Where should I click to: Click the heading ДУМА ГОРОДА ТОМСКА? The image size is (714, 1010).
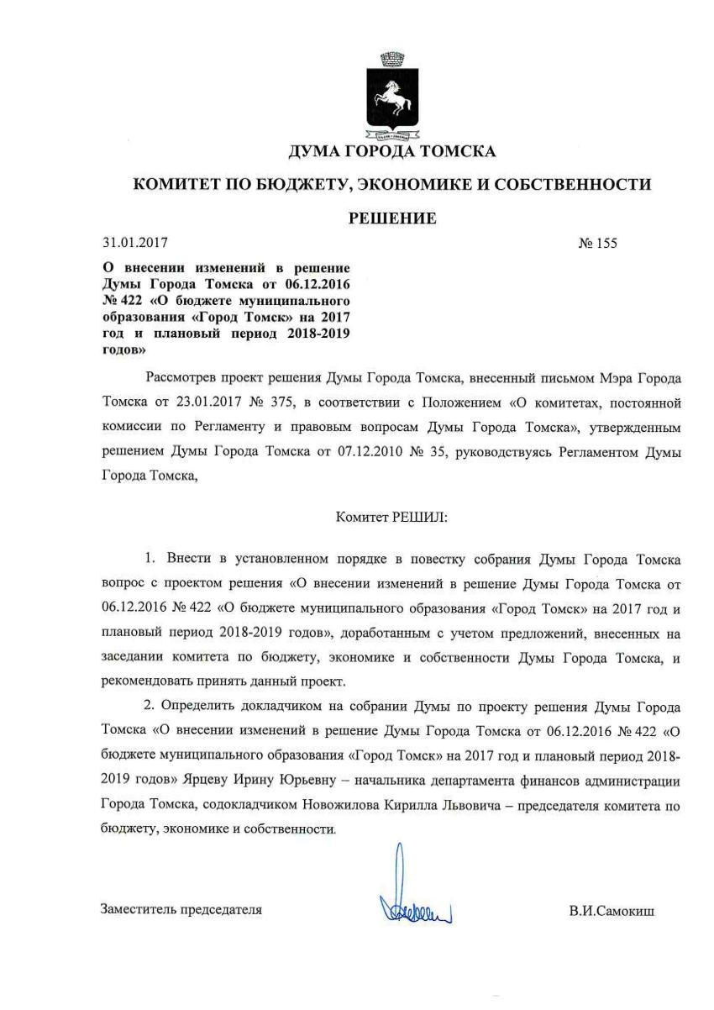[392, 152]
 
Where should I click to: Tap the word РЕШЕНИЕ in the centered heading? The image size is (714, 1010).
[392, 218]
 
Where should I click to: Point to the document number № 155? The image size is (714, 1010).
[597, 245]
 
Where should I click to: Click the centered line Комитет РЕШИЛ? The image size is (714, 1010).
[391, 518]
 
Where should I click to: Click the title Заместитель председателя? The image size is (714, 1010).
[181, 909]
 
